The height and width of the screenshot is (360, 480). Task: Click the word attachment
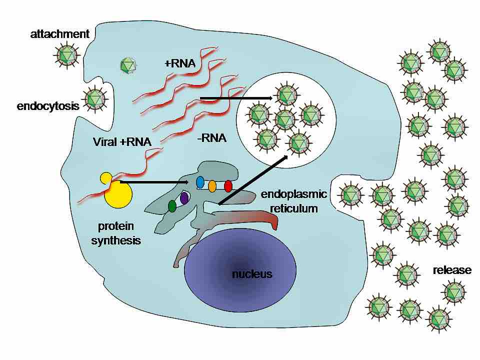tap(59, 34)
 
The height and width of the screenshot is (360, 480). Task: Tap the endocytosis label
tap(48, 106)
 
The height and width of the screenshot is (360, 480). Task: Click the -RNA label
tap(211, 138)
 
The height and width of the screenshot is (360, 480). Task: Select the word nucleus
tap(252, 274)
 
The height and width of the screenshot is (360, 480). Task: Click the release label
tap(452, 270)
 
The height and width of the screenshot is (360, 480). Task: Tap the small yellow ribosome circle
tap(106, 177)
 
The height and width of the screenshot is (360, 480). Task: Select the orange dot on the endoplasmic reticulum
tap(212, 186)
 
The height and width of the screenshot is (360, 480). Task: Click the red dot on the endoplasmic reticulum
tap(228, 186)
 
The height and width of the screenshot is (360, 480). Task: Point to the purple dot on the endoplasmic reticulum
tap(184, 198)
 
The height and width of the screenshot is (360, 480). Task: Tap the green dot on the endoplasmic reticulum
tap(172, 205)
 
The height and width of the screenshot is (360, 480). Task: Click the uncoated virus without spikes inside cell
tap(128, 65)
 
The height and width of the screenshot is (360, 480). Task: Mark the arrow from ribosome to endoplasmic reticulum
tap(155, 182)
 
